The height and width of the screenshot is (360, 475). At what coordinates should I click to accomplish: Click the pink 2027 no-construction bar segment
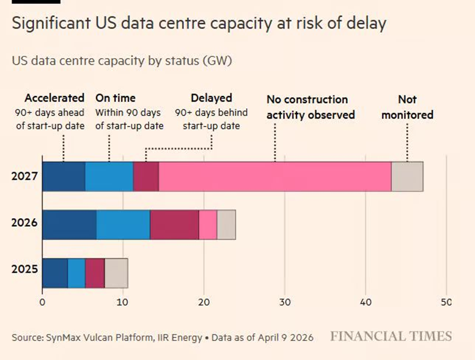[274, 177]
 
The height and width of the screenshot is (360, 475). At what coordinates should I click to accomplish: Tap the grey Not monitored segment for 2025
[116, 273]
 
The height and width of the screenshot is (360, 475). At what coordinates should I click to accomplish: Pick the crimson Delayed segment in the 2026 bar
[174, 224]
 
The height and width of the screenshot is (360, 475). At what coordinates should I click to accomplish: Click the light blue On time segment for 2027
[109, 177]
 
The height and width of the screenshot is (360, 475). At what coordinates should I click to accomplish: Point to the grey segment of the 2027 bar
[407, 177]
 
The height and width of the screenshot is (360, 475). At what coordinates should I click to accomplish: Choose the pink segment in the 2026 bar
[208, 224]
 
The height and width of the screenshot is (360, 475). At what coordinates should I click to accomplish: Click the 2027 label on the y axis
[24, 177]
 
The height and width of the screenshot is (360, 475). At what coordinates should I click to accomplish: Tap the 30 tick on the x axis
[285, 302]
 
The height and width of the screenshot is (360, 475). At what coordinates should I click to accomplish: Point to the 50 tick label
[446, 302]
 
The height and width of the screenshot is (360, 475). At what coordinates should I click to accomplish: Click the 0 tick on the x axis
[42, 302]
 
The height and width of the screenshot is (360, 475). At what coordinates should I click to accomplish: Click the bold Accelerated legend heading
[54, 98]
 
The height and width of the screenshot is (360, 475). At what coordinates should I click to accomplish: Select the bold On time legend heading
[116, 98]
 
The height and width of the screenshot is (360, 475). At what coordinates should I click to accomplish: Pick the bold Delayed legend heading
[212, 98]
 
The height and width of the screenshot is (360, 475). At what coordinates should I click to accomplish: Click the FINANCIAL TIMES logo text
[391, 337]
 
